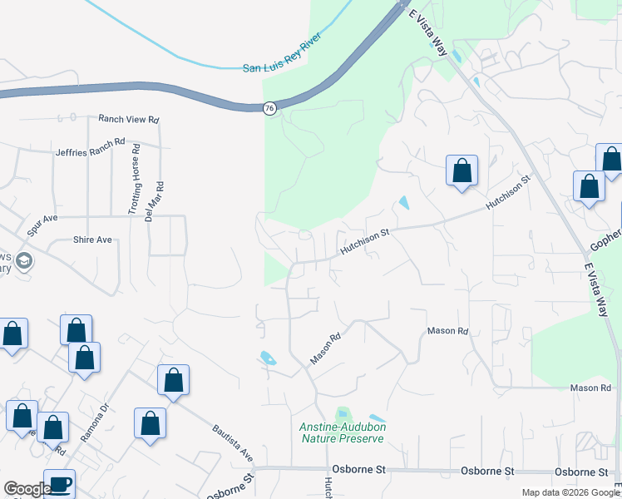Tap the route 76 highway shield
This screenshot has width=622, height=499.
coord(269,108)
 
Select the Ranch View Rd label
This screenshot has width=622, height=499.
coord(128,120)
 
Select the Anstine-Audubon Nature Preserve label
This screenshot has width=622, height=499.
coord(342,432)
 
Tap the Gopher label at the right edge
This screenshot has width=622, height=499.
coord(605,241)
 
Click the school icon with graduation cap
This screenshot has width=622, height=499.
coord(24,261)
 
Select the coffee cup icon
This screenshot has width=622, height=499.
coord(59,483)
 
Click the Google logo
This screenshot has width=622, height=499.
coord(27,489)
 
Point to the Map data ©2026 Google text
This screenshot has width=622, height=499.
coord(570,492)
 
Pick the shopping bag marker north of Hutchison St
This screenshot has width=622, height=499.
coord(462,171)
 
